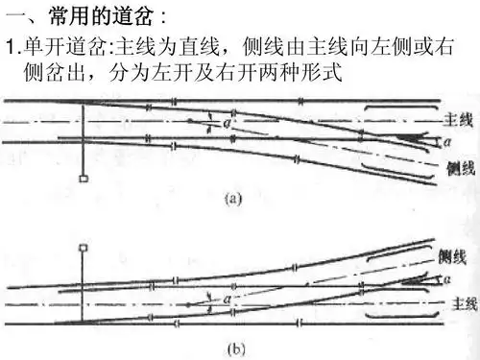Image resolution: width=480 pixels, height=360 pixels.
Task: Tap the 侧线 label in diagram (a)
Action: [x=461, y=169]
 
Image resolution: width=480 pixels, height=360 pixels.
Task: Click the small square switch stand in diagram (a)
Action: [x=84, y=178]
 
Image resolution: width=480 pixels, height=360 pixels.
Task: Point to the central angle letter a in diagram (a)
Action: [x=226, y=123]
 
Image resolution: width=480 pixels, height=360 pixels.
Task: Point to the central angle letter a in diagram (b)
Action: [x=227, y=300]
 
